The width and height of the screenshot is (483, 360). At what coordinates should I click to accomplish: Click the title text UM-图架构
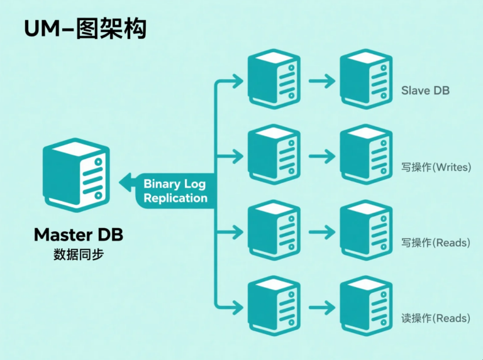(x=85, y=29)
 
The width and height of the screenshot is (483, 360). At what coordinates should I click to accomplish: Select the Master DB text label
(x=79, y=235)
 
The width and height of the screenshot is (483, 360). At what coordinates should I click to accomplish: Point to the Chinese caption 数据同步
(x=79, y=256)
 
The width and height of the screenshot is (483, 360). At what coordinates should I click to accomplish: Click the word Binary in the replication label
(x=162, y=184)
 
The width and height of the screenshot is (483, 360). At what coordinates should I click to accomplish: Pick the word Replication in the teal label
(x=175, y=198)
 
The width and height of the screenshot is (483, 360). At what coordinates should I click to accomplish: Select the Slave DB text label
(x=425, y=90)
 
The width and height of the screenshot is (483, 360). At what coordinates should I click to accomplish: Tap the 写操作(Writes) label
(x=436, y=167)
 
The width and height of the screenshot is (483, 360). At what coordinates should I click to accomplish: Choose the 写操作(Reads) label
(x=436, y=243)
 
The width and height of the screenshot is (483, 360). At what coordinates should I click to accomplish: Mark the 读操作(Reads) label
(x=436, y=318)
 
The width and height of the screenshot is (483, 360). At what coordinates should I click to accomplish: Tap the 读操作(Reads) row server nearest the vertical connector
(x=274, y=307)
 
